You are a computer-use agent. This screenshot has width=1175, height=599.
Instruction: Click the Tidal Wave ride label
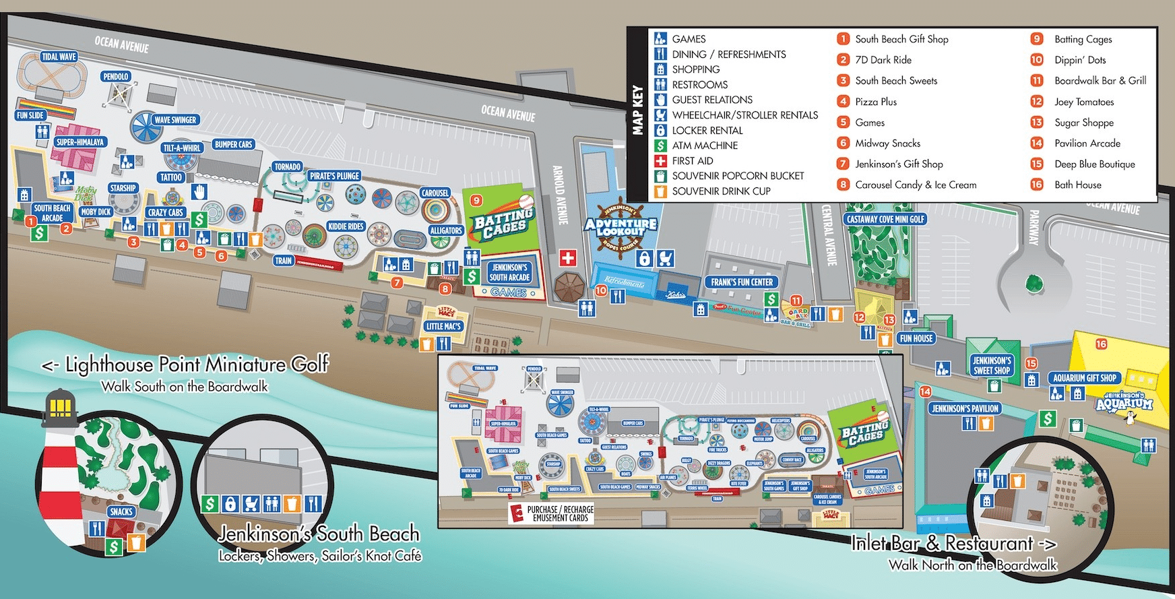pos(59,57)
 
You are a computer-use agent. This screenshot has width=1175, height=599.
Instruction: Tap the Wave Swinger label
pos(174,120)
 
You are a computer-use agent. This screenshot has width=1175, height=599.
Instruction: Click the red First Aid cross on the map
pos(568,257)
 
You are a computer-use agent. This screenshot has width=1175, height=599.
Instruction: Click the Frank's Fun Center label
pos(742,282)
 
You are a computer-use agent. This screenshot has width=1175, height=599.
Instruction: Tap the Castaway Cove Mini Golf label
pos(885,219)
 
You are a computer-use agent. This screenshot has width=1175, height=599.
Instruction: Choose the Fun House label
pos(916,338)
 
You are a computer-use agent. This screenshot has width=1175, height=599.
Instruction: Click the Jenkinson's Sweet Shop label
pos(992,365)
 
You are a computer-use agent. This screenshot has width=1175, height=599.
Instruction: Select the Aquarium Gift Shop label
pos(1085,378)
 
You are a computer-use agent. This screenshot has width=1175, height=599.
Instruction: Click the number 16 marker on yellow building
pos(1101,344)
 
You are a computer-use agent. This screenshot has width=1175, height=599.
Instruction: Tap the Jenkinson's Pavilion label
pos(965,408)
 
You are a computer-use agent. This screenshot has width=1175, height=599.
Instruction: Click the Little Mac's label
pos(443,326)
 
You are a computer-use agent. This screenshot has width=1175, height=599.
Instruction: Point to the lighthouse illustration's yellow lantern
pos(60,406)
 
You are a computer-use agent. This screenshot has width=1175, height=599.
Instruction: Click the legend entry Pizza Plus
pos(876,102)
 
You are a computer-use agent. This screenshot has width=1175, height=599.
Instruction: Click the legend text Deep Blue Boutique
pos(1094,164)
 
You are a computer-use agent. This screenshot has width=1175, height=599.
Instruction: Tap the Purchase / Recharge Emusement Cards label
pos(559,513)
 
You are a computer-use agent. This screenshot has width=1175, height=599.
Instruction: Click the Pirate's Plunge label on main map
pos(334,176)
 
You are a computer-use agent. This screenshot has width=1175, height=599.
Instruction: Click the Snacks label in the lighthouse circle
pos(121,511)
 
